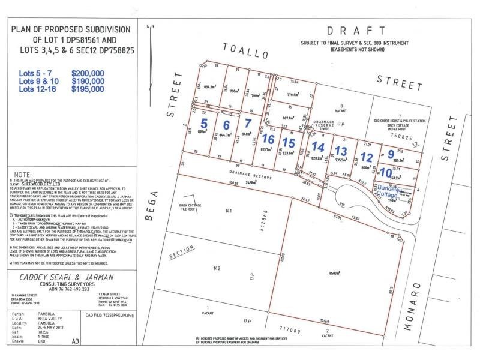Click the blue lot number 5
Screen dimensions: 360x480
204,124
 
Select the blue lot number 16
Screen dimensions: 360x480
268,139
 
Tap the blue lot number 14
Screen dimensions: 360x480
318,146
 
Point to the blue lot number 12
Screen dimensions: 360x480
367,157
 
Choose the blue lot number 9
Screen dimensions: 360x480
391,154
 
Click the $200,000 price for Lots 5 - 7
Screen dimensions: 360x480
88,73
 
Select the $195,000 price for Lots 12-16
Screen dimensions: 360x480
88,89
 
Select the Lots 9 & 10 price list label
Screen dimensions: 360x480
39,81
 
